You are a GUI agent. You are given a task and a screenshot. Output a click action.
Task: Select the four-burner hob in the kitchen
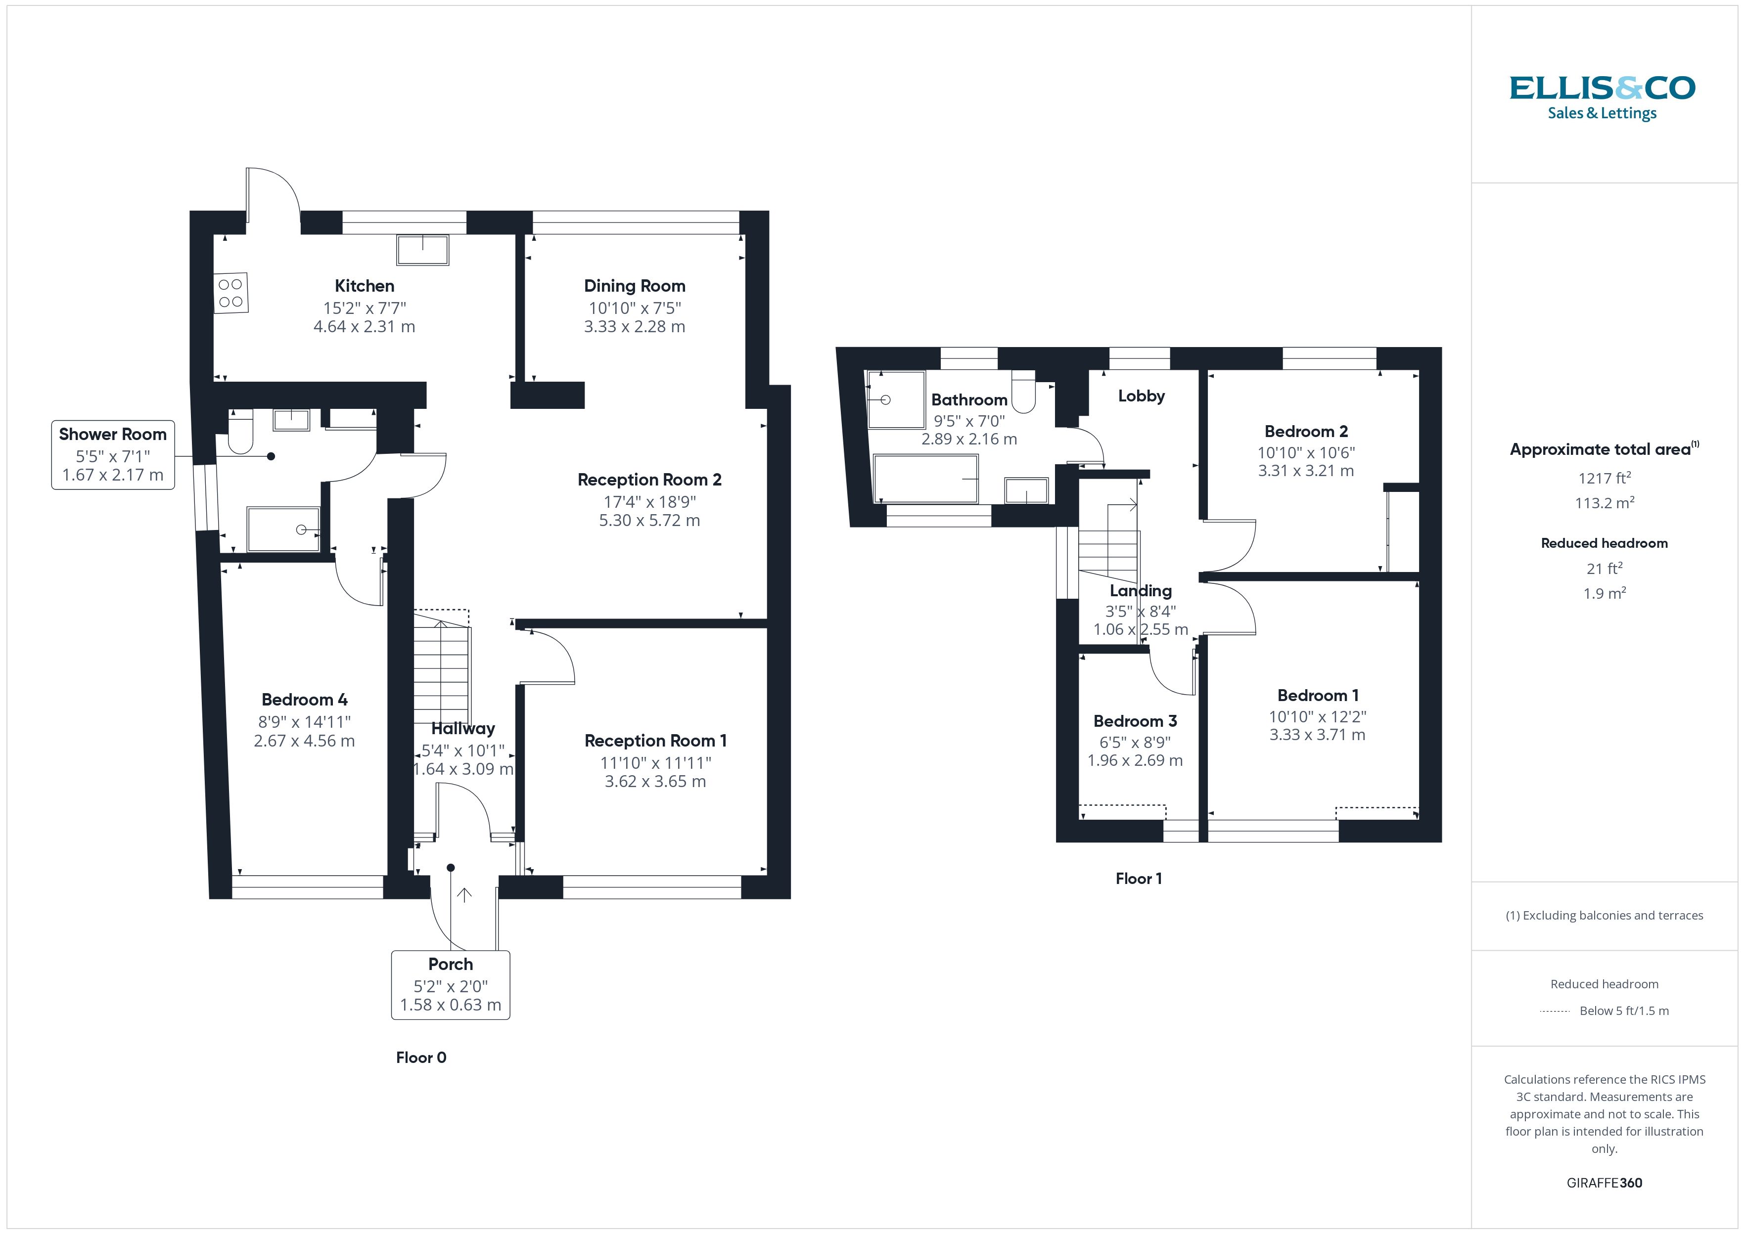click(x=230, y=293)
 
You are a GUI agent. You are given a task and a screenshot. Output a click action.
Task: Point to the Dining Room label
click(x=634, y=286)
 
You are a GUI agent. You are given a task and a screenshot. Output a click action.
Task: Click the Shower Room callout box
click(x=112, y=454)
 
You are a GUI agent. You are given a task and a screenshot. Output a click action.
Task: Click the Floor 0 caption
click(x=420, y=1058)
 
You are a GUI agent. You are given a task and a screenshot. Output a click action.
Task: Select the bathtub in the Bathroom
click(x=925, y=479)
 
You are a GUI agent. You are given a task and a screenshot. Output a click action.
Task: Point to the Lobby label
click(x=1141, y=396)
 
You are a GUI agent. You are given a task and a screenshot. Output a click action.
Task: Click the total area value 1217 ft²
click(x=1604, y=478)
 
